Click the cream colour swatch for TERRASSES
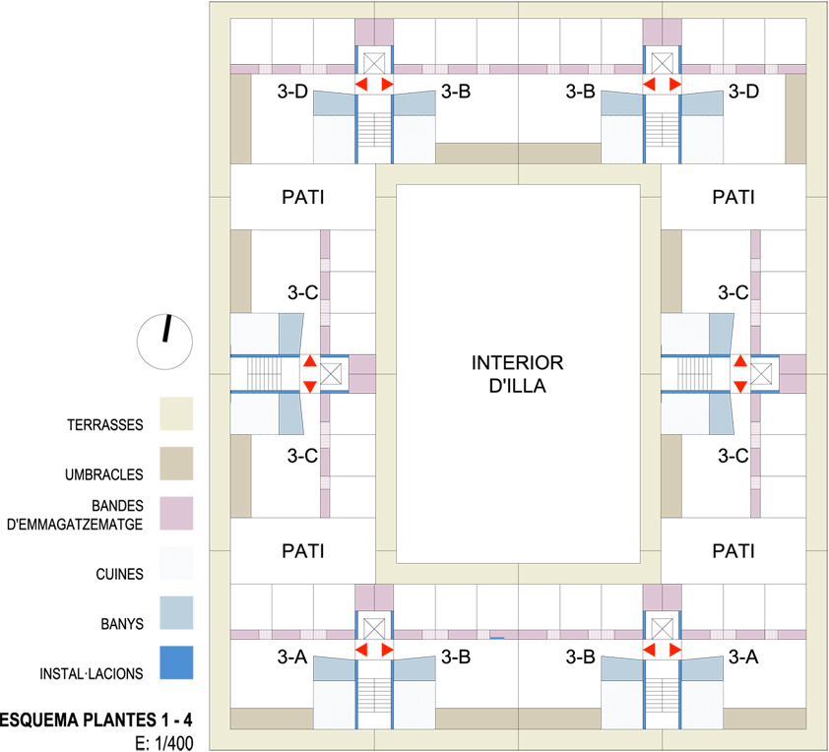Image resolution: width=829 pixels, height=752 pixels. click(175, 413)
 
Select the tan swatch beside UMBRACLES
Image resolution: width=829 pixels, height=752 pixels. click(175, 463)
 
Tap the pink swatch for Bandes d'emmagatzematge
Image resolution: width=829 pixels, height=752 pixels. click(175, 513)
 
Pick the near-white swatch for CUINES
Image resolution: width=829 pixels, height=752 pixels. click(175, 563)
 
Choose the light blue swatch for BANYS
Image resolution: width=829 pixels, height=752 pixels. click(175, 612)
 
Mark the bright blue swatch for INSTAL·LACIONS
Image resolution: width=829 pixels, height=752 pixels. click(175, 662)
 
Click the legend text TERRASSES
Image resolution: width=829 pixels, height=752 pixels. click(105, 425)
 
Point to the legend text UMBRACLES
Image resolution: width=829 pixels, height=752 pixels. click(105, 474)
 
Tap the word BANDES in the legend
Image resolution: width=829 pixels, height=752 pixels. click(119, 506)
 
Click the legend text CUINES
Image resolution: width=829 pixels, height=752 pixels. click(120, 575)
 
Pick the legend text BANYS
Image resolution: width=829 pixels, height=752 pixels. click(122, 624)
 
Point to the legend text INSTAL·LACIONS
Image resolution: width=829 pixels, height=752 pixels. click(92, 674)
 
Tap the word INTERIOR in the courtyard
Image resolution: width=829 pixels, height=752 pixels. click(517, 361)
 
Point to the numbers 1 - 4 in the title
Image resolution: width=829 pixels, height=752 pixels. click(175, 719)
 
